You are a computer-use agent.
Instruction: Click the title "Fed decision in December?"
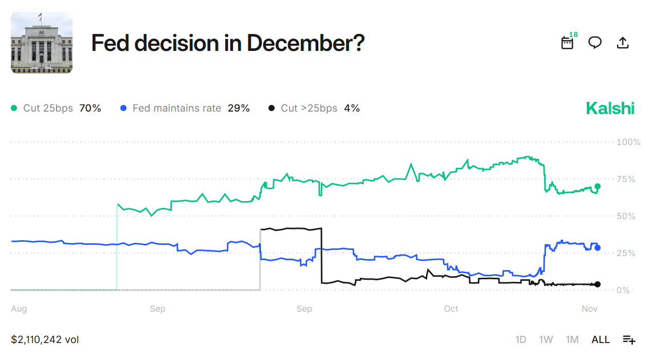(x=228, y=43)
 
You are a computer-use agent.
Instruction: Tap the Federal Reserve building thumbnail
(x=42, y=43)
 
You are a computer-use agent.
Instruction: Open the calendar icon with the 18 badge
(x=567, y=43)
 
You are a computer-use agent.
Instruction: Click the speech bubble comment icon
(x=595, y=43)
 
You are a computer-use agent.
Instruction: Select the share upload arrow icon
(x=622, y=43)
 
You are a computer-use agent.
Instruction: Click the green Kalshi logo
(x=610, y=109)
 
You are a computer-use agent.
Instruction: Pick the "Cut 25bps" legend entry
(x=56, y=109)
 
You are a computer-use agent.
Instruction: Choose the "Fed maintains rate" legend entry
(x=185, y=109)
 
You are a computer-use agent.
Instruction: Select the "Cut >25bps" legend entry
(x=314, y=109)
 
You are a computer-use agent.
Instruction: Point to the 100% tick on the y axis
(x=628, y=142)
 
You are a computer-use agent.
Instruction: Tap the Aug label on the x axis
(x=19, y=309)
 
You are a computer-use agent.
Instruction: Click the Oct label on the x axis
(x=451, y=309)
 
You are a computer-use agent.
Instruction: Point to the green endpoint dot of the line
(x=597, y=187)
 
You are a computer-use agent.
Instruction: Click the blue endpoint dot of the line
(x=597, y=248)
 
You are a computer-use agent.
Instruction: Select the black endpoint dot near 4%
(x=597, y=284)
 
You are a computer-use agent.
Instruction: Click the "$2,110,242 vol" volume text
(x=45, y=339)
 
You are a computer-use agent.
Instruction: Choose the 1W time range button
(x=546, y=339)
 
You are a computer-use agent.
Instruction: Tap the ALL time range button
(x=600, y=339)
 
